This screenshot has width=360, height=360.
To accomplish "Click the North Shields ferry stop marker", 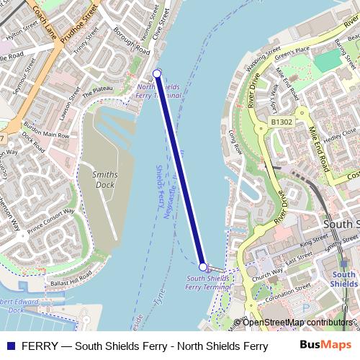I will [x=157, y=73].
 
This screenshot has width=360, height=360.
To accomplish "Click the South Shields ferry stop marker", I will [x=203, y=266].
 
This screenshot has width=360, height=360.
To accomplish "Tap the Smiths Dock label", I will [x=105, y=179].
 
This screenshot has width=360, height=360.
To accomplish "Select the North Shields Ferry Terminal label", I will [x=158, y=91].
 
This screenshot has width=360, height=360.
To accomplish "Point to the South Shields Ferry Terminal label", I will [x=208, y=282].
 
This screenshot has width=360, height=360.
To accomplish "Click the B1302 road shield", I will [x=282, y=122].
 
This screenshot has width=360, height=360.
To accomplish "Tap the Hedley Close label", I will [x=340, y=135].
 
